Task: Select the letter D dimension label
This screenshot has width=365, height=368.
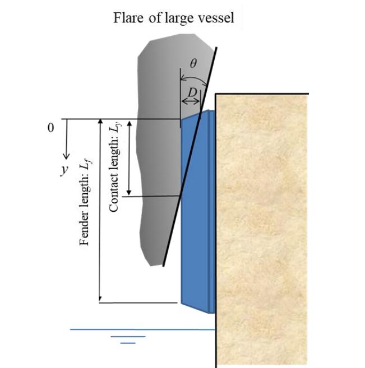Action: coord(191,91)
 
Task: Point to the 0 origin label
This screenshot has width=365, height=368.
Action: coord(51,128)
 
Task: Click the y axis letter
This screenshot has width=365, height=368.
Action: coord(63,170)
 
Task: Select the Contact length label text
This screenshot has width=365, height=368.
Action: coord(115,169)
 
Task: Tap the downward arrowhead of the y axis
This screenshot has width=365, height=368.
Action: coord(67,155)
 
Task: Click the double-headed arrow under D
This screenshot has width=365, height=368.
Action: coord(191,101)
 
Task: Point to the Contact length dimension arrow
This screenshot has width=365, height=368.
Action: coord(129,157)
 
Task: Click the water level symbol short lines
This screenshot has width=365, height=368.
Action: coord(128,339)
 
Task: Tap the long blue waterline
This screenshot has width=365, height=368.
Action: coord(140,329)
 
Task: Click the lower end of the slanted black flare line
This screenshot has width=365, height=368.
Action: coord(164,264)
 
